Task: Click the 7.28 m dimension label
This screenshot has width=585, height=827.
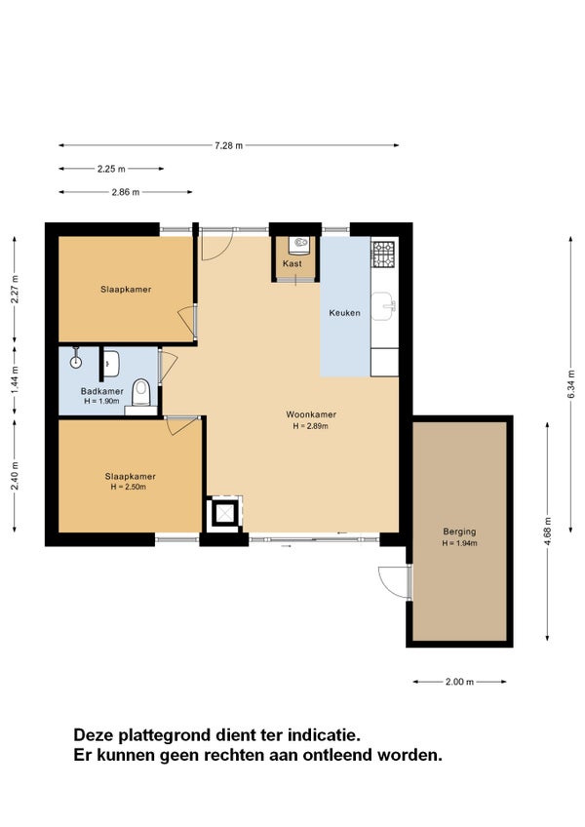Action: (x=229, y=145)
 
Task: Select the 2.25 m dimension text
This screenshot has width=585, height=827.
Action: (x=111, y=169)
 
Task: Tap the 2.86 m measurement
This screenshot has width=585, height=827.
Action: (x=126, y=192)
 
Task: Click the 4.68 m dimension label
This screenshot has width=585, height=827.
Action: (x=548, y=532)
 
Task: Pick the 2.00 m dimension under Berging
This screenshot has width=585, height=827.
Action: (x=459, y=682)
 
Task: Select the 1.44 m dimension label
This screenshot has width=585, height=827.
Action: (x=15, y=380)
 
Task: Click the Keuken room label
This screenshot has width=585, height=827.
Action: (x=345, y=313)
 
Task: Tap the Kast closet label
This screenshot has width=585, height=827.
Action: (x=292, y=263)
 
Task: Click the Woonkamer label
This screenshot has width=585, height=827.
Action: (x=311, y=414)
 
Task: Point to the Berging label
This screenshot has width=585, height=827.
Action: (x=459, y=532)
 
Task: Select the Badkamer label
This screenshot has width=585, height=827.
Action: (x=101, y=391)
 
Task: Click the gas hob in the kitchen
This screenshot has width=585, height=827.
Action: (x=383, y=254)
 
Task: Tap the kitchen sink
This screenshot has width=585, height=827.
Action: (x=383, y=306)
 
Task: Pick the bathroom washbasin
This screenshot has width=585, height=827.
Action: (x=111, y=363)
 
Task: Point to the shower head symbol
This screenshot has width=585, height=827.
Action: (x=76, y=361)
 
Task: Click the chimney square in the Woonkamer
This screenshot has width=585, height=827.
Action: (x=225, y=512)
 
